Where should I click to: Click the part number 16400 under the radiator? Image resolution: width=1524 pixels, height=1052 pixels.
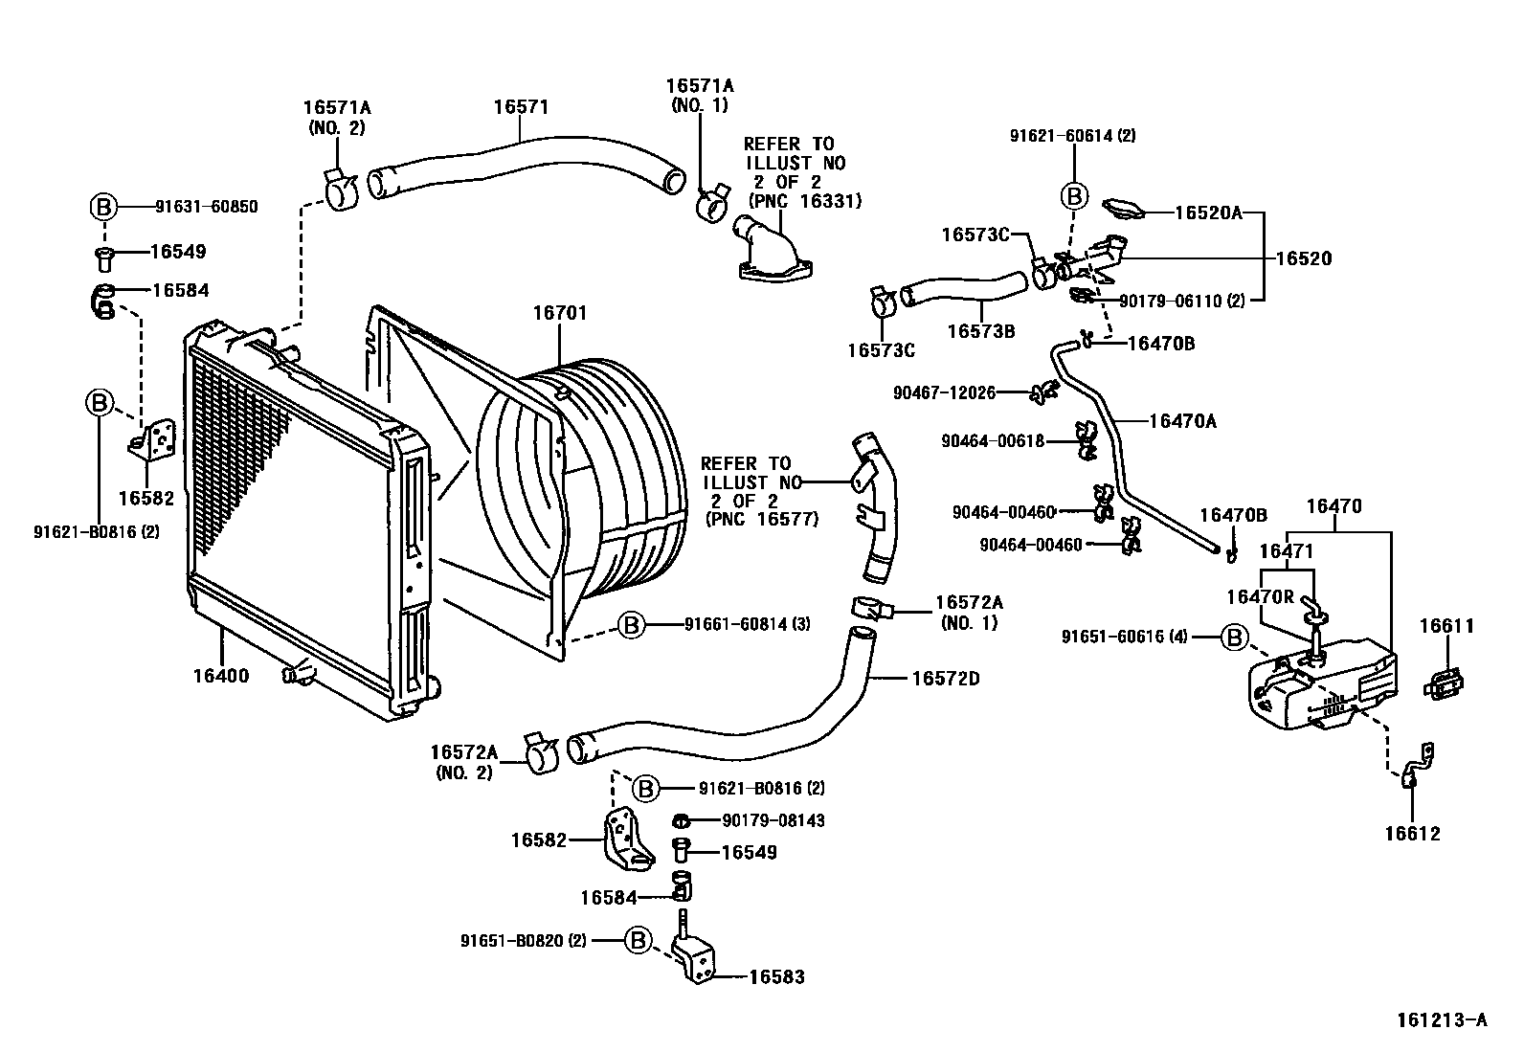[220, 677]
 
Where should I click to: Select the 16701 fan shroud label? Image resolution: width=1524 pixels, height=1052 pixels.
[560, 313]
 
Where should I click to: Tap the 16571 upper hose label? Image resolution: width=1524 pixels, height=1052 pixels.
[521, 106]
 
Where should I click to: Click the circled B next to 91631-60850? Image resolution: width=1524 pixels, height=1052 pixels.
[102, 206]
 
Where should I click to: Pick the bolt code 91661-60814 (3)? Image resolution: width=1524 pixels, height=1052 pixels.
[747, 625]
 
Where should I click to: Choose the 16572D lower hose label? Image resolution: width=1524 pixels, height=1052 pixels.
[946, 679]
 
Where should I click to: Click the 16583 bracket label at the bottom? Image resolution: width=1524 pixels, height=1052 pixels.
[776, 977]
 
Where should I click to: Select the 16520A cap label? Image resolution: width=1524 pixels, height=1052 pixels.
[1208, 213]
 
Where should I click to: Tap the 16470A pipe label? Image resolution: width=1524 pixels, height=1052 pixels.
[1182, 420]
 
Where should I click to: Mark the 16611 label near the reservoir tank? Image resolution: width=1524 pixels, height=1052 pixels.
[1446, 627]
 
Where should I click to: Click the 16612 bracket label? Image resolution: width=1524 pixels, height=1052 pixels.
[1412, 834]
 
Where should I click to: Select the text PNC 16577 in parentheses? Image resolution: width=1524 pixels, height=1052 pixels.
[762, 520]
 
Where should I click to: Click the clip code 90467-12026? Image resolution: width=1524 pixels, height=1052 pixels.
[944, 392]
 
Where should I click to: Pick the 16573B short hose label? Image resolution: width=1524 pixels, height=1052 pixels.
[981, 331]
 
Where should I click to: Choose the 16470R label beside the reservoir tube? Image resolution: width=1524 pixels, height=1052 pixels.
[1260, 596]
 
